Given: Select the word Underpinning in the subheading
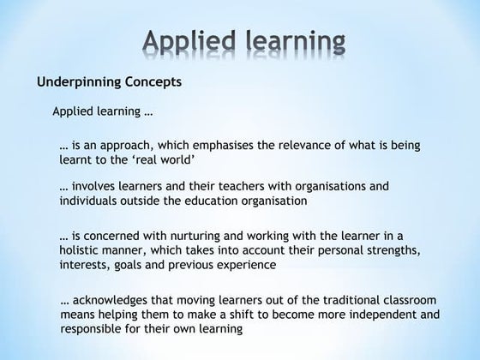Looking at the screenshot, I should point(76,83).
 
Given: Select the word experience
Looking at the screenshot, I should point(248,265).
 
